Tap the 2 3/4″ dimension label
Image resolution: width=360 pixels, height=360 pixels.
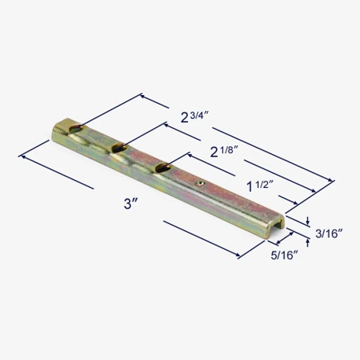[195, 117]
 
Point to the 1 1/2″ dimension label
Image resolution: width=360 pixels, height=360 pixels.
[260, 186]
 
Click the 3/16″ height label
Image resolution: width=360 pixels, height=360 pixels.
[329, 233]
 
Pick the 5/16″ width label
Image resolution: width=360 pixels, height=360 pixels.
[285, 255]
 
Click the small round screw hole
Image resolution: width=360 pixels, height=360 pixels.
[200, 185]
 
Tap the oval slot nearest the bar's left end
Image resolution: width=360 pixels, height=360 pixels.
[77, 128]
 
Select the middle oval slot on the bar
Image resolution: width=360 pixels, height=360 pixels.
[119, 148]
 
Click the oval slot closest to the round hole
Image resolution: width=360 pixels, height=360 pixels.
[163, 167]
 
